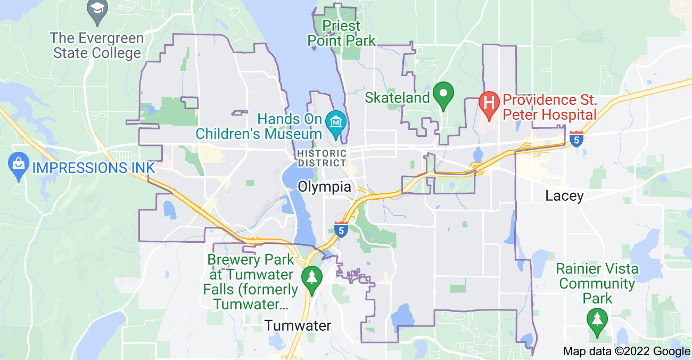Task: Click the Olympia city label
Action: [324, 187]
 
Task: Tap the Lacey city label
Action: [564, 196]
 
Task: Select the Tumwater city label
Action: [298, 325]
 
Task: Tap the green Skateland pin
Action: [443, 95]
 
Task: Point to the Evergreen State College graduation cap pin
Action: [97, 10]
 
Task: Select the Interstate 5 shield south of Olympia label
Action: [341, 229]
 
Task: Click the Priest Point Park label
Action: [341, 33]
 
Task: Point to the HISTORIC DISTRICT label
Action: [322, 158]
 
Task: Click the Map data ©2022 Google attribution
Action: [627, 351]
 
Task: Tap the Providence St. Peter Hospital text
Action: [549, 107]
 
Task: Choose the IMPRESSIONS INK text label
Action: [93, 168]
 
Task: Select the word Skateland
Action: [397, 98]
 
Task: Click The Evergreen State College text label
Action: [97, 46]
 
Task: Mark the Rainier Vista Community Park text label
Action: [597, 283]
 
